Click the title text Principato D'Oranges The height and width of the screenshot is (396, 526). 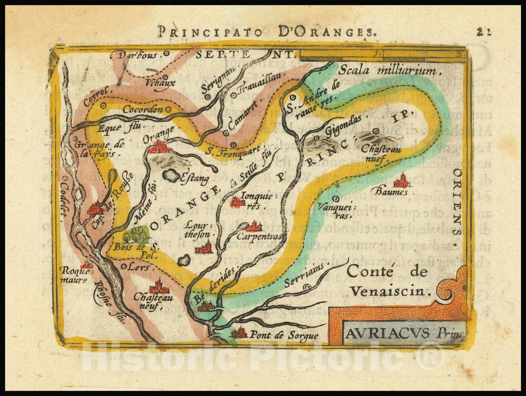point(266,33)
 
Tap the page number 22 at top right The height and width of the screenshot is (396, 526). point(484,32)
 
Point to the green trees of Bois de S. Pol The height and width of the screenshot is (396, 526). point(136,235)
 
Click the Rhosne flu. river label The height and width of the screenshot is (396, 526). point(109,303)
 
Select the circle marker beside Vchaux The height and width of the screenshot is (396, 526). point(165,77)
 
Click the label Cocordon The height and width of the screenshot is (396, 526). point(142,110)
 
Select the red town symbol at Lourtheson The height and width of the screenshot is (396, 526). point(203,248)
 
